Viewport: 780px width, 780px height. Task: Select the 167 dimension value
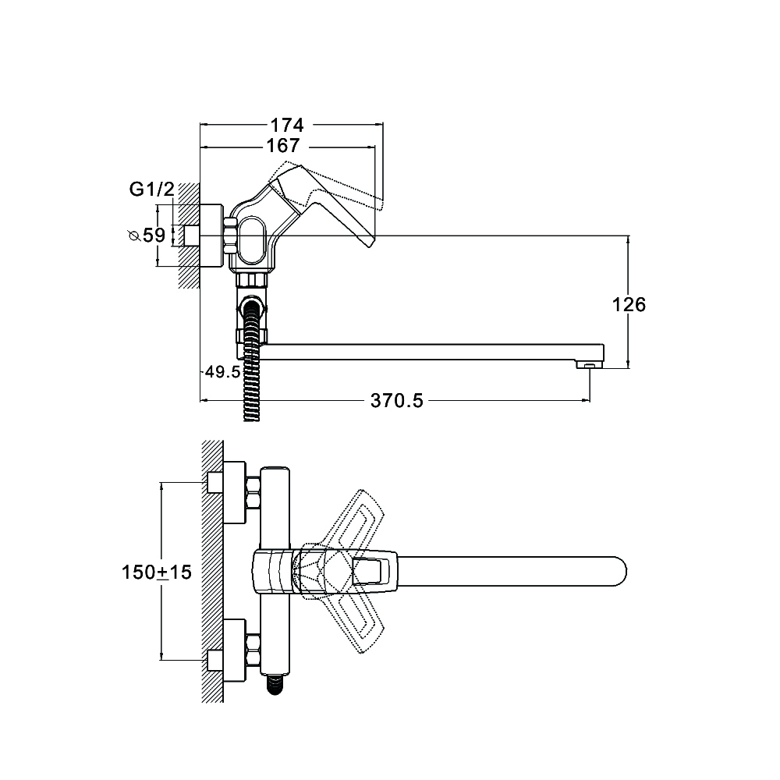point(283,146)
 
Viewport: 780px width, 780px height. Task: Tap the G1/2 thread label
point(152,189)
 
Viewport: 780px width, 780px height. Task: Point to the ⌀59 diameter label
point(147,235)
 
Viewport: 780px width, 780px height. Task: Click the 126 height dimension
point(629,304)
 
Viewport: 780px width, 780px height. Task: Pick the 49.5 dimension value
point(223,371)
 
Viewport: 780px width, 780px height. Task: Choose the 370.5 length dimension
point(396,400)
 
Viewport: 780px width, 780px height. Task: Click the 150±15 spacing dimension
point(157,572)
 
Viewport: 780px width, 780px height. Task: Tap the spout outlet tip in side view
point(590,364)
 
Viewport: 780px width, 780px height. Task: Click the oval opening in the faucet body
point(253,239)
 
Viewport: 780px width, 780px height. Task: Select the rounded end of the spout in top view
point(619,572)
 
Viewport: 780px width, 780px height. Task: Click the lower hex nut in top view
point(253,651)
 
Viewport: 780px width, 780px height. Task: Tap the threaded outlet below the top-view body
point(275,684)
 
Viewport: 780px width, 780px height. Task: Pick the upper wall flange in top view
point(234,492)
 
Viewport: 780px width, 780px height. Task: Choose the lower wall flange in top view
point(234,651)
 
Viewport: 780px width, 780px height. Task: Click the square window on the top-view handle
point(369,572)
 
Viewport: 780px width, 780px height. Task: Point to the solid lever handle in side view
point(324,204)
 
